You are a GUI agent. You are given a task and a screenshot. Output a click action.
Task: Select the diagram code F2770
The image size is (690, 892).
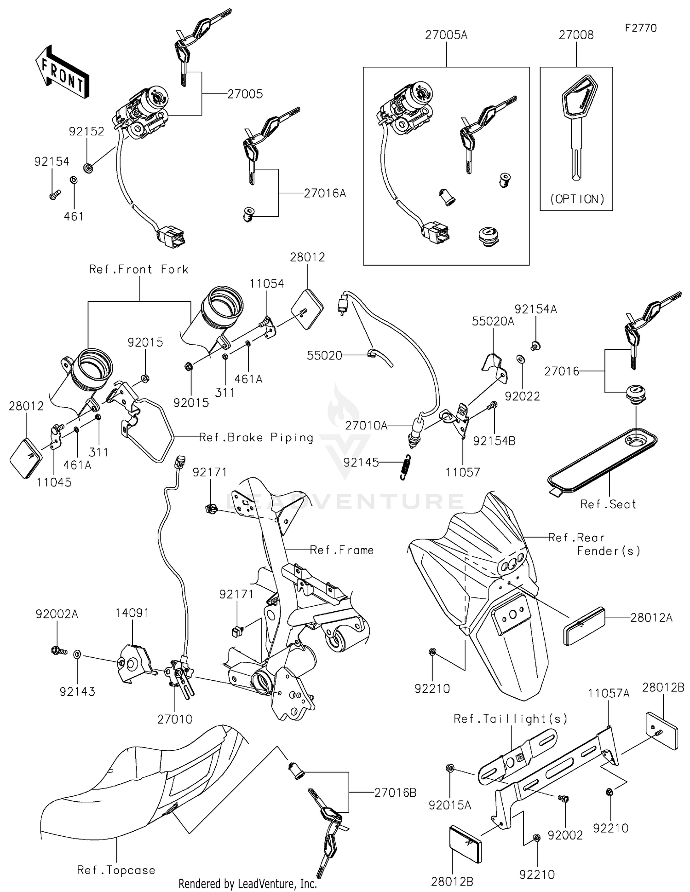[641, 28]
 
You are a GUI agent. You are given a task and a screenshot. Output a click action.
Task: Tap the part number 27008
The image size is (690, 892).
[576, 35]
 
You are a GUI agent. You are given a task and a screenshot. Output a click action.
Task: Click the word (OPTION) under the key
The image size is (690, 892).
[577, 199]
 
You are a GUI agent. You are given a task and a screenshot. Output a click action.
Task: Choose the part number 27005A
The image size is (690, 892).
[446, 35]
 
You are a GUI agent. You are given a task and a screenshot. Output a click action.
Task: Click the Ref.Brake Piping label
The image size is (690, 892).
[256, 437]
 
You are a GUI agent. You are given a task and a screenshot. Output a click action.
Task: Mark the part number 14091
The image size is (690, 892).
[132, 613]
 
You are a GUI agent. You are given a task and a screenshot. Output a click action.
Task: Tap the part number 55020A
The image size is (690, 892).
[493, 322]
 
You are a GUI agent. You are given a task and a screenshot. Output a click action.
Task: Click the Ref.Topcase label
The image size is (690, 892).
[116, 870]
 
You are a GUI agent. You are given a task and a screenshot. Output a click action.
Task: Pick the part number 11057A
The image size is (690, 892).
[609, 693]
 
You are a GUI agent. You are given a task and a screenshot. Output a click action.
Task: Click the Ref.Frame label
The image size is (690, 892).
[341, 550]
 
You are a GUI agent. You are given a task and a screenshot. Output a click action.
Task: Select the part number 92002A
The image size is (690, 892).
[57, 614]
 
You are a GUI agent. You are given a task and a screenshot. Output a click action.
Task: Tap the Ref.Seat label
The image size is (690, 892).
[608, 504]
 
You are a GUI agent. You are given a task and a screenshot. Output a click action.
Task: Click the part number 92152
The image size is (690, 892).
[86, 132]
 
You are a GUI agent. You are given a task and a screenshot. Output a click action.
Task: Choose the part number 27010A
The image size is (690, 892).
[366, 426]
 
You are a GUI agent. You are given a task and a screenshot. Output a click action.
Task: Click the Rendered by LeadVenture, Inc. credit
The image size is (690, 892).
[247, 884]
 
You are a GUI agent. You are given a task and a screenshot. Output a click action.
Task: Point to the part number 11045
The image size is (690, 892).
[54, 482]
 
